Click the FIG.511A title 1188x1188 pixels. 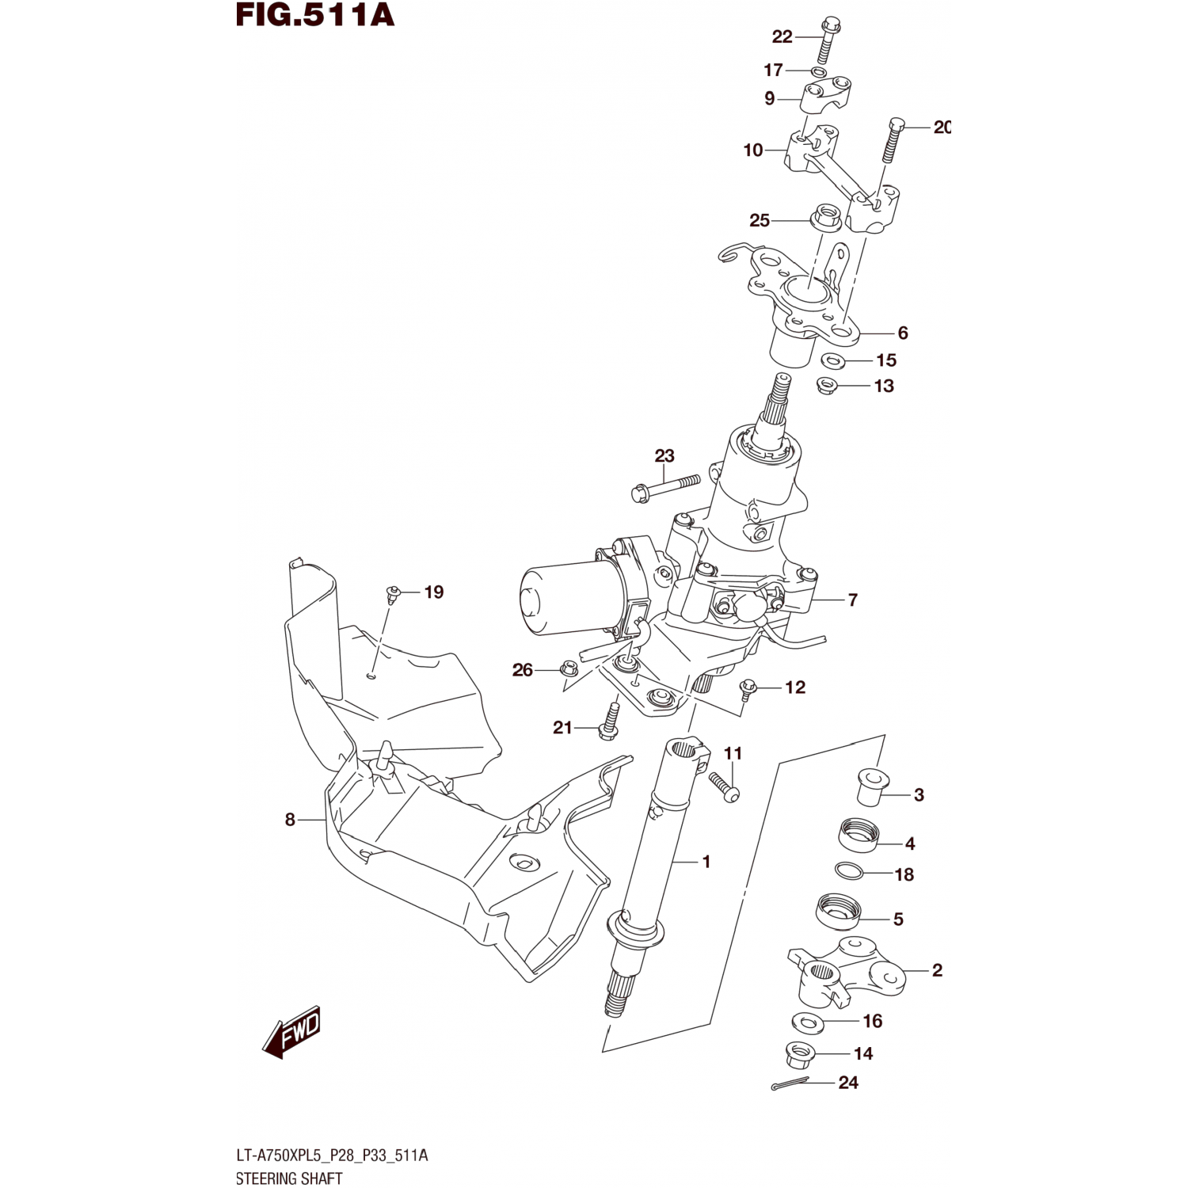click(314, 15)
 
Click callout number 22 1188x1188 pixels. click(782, 36)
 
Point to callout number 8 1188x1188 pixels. click(290, 820)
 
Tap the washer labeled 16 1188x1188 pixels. click(808, 1023)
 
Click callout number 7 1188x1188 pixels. click(852, 600)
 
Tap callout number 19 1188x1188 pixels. click(433, 592)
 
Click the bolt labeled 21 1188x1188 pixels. click(608, 722)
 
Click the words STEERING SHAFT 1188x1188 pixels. click(289, 1178)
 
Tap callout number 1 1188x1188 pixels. click(706, 861)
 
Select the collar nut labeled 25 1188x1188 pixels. click(824, 216)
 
